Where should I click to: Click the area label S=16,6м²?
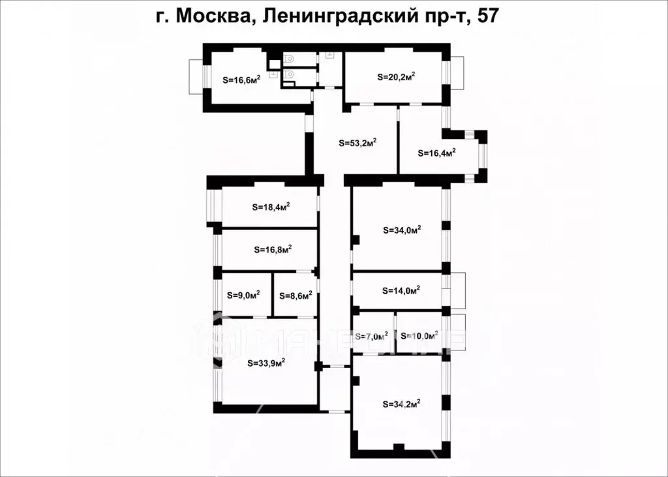(x=241, y=80)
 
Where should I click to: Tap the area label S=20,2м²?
(x=397, y=76)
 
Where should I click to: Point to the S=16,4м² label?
(x=436, y=153)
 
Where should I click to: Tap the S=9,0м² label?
(x=244, y=294)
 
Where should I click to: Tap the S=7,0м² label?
(x=372, y=336)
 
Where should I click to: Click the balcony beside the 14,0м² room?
(x=457, y=290)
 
